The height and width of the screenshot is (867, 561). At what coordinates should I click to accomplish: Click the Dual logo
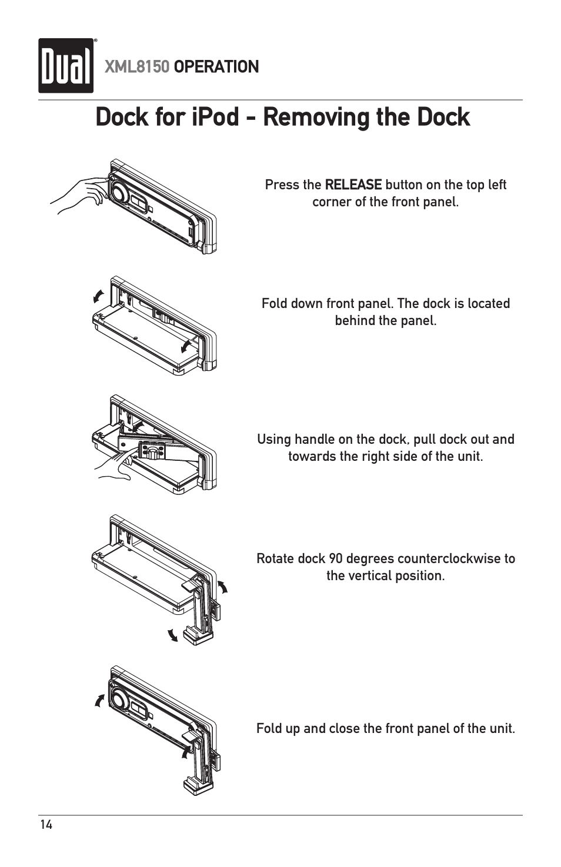tap(66, 66)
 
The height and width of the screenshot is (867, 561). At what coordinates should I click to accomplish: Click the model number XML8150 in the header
tap(136, 67)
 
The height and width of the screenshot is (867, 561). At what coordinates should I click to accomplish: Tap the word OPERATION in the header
tap(216, 67)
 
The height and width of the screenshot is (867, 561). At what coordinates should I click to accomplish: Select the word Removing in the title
tap(316, 117)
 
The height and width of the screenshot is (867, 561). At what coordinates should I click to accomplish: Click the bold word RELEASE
tap(353, 185)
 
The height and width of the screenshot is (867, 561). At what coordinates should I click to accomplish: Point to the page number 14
tap(46, 825)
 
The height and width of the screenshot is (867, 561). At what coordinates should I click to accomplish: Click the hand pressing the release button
tap(79, 194)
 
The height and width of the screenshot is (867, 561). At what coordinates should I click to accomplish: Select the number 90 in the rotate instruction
tap(336, 558)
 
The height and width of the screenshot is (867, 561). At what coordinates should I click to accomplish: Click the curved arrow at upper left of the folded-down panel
tap(99, 296)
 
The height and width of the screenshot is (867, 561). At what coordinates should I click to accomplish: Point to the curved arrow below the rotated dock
tap(172, 635)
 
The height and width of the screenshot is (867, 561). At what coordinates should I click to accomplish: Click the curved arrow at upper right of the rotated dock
tap(223, 587)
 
